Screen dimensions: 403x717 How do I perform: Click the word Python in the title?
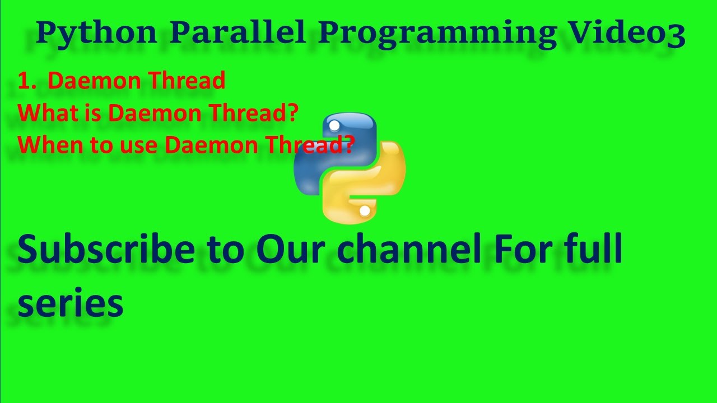tap(96, 34)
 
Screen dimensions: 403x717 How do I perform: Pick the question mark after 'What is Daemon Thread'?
tap(291, 113)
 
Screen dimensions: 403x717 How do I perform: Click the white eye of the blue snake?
tap(334, 125)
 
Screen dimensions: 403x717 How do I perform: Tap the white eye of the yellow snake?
tap(365, 211)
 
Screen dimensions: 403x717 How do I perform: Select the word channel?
tap(409, 250)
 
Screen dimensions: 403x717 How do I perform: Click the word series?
tap(70, 303)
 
